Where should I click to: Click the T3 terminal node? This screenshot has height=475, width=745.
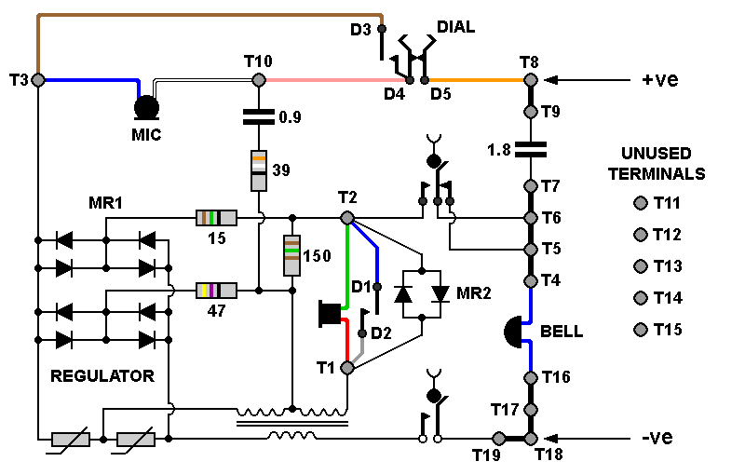pyautogui.click(x=38, y=80)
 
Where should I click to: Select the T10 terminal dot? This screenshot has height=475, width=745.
pyautogui.click(x=259, y=80)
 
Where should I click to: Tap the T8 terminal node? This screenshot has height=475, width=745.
pyautogui.click(x=530, y=80)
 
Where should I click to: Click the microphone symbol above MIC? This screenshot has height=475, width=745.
pyautogui.click(x=146, y=108)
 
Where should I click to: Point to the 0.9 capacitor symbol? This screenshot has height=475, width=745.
pyautogui.click(x=259, y=116)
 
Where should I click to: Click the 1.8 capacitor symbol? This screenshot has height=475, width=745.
pyautogui.click(x=530, y=149)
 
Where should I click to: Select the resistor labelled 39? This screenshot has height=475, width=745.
pyautogui.click(x=259, y=170)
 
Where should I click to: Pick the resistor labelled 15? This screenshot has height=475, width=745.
pyautogui.click(x=216, y=218)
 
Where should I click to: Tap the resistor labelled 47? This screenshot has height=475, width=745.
pyautogui.click(x=216, y=291)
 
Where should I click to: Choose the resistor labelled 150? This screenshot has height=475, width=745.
pyautogui.click(x=291, y=255)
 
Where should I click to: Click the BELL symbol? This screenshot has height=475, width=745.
pyautogui.click(x=513, y=332)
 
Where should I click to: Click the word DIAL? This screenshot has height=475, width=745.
pyautogui.click(x=455, y=27)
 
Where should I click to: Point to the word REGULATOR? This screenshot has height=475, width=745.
pyautogui.click(x=102, y=376)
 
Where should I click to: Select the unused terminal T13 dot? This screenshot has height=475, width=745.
pyautogui.click(x=641, y=266)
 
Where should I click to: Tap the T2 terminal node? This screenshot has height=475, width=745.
pyautogui.click(x=347, y=218)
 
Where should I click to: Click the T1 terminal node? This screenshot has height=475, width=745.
pyautogui.click(x=347, y=368)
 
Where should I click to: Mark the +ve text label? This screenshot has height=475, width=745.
pyautogui.click(x=660, y=79)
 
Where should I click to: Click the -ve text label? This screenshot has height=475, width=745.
pyautogui.click(x=657, y=437)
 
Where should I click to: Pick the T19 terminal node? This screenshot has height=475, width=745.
pyautogui.click(x=498, y=438)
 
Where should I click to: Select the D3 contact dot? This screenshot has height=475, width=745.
pyautogui.click(x=382, y=29)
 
